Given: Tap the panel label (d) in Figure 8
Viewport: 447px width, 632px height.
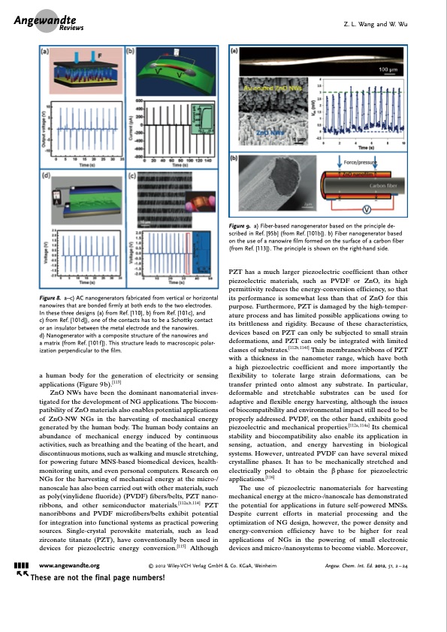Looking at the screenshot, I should pyautogui.click(x=44, y=177).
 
